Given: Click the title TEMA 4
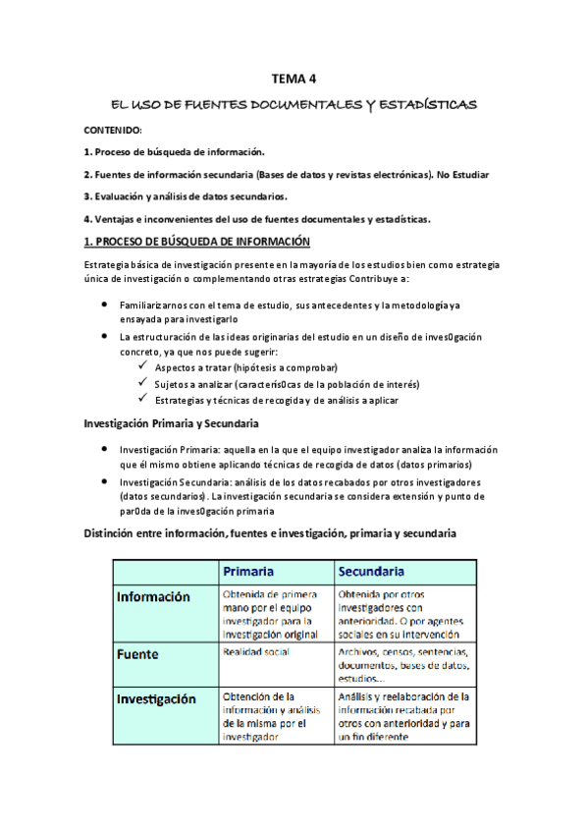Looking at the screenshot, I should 294,80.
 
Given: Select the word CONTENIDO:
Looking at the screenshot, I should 113,130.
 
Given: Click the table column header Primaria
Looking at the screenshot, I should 248,572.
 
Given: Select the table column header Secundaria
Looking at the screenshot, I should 373,572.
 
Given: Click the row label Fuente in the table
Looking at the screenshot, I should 138,652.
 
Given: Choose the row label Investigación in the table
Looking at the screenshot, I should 160,699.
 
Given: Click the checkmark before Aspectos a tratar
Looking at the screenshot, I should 143,365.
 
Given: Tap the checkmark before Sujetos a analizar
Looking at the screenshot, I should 143,382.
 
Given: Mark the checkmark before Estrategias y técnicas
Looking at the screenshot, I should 143,399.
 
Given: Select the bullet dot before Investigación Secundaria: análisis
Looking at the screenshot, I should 106,483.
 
